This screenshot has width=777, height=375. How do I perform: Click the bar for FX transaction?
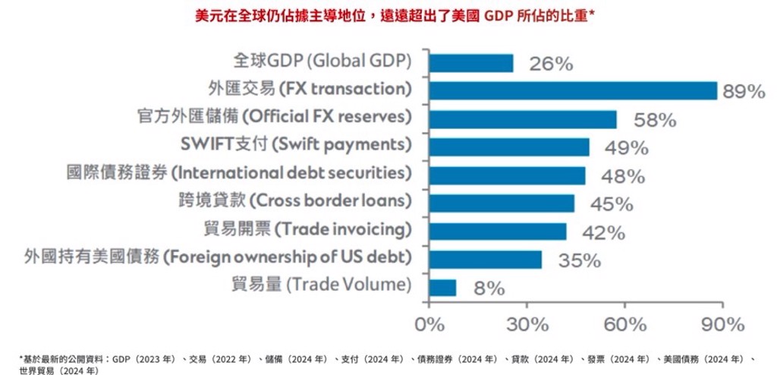[x=573, y=91]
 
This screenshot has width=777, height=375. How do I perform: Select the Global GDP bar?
[x=471, y=63]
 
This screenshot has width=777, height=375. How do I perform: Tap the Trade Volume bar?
[x=442, y=287]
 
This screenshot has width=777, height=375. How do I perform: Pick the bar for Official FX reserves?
[x=523, y=119]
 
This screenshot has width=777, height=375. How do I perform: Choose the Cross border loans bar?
[x=502, y=203]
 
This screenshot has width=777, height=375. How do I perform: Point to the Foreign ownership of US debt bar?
[x=485, y=260]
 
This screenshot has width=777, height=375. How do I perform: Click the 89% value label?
[x=744, y=92]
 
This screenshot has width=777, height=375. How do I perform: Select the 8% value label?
[x=489, y=288]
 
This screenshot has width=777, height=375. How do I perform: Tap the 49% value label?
[x=627, y=148]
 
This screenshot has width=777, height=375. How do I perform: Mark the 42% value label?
[x=604, y=232]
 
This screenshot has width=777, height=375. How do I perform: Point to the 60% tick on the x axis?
[x=624, y=324]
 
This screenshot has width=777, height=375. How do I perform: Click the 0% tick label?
[x=429, y=324]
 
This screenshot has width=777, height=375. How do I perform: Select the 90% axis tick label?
[x=723, y=324]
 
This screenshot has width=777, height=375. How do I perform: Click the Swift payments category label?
[x=297, y=145]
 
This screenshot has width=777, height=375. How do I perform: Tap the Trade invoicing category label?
[x=308, y=230]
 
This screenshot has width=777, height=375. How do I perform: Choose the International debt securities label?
[x=239, y=173]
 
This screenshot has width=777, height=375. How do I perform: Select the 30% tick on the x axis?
[x=527, y=324]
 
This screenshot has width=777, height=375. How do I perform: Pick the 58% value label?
[x=655, y=120]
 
